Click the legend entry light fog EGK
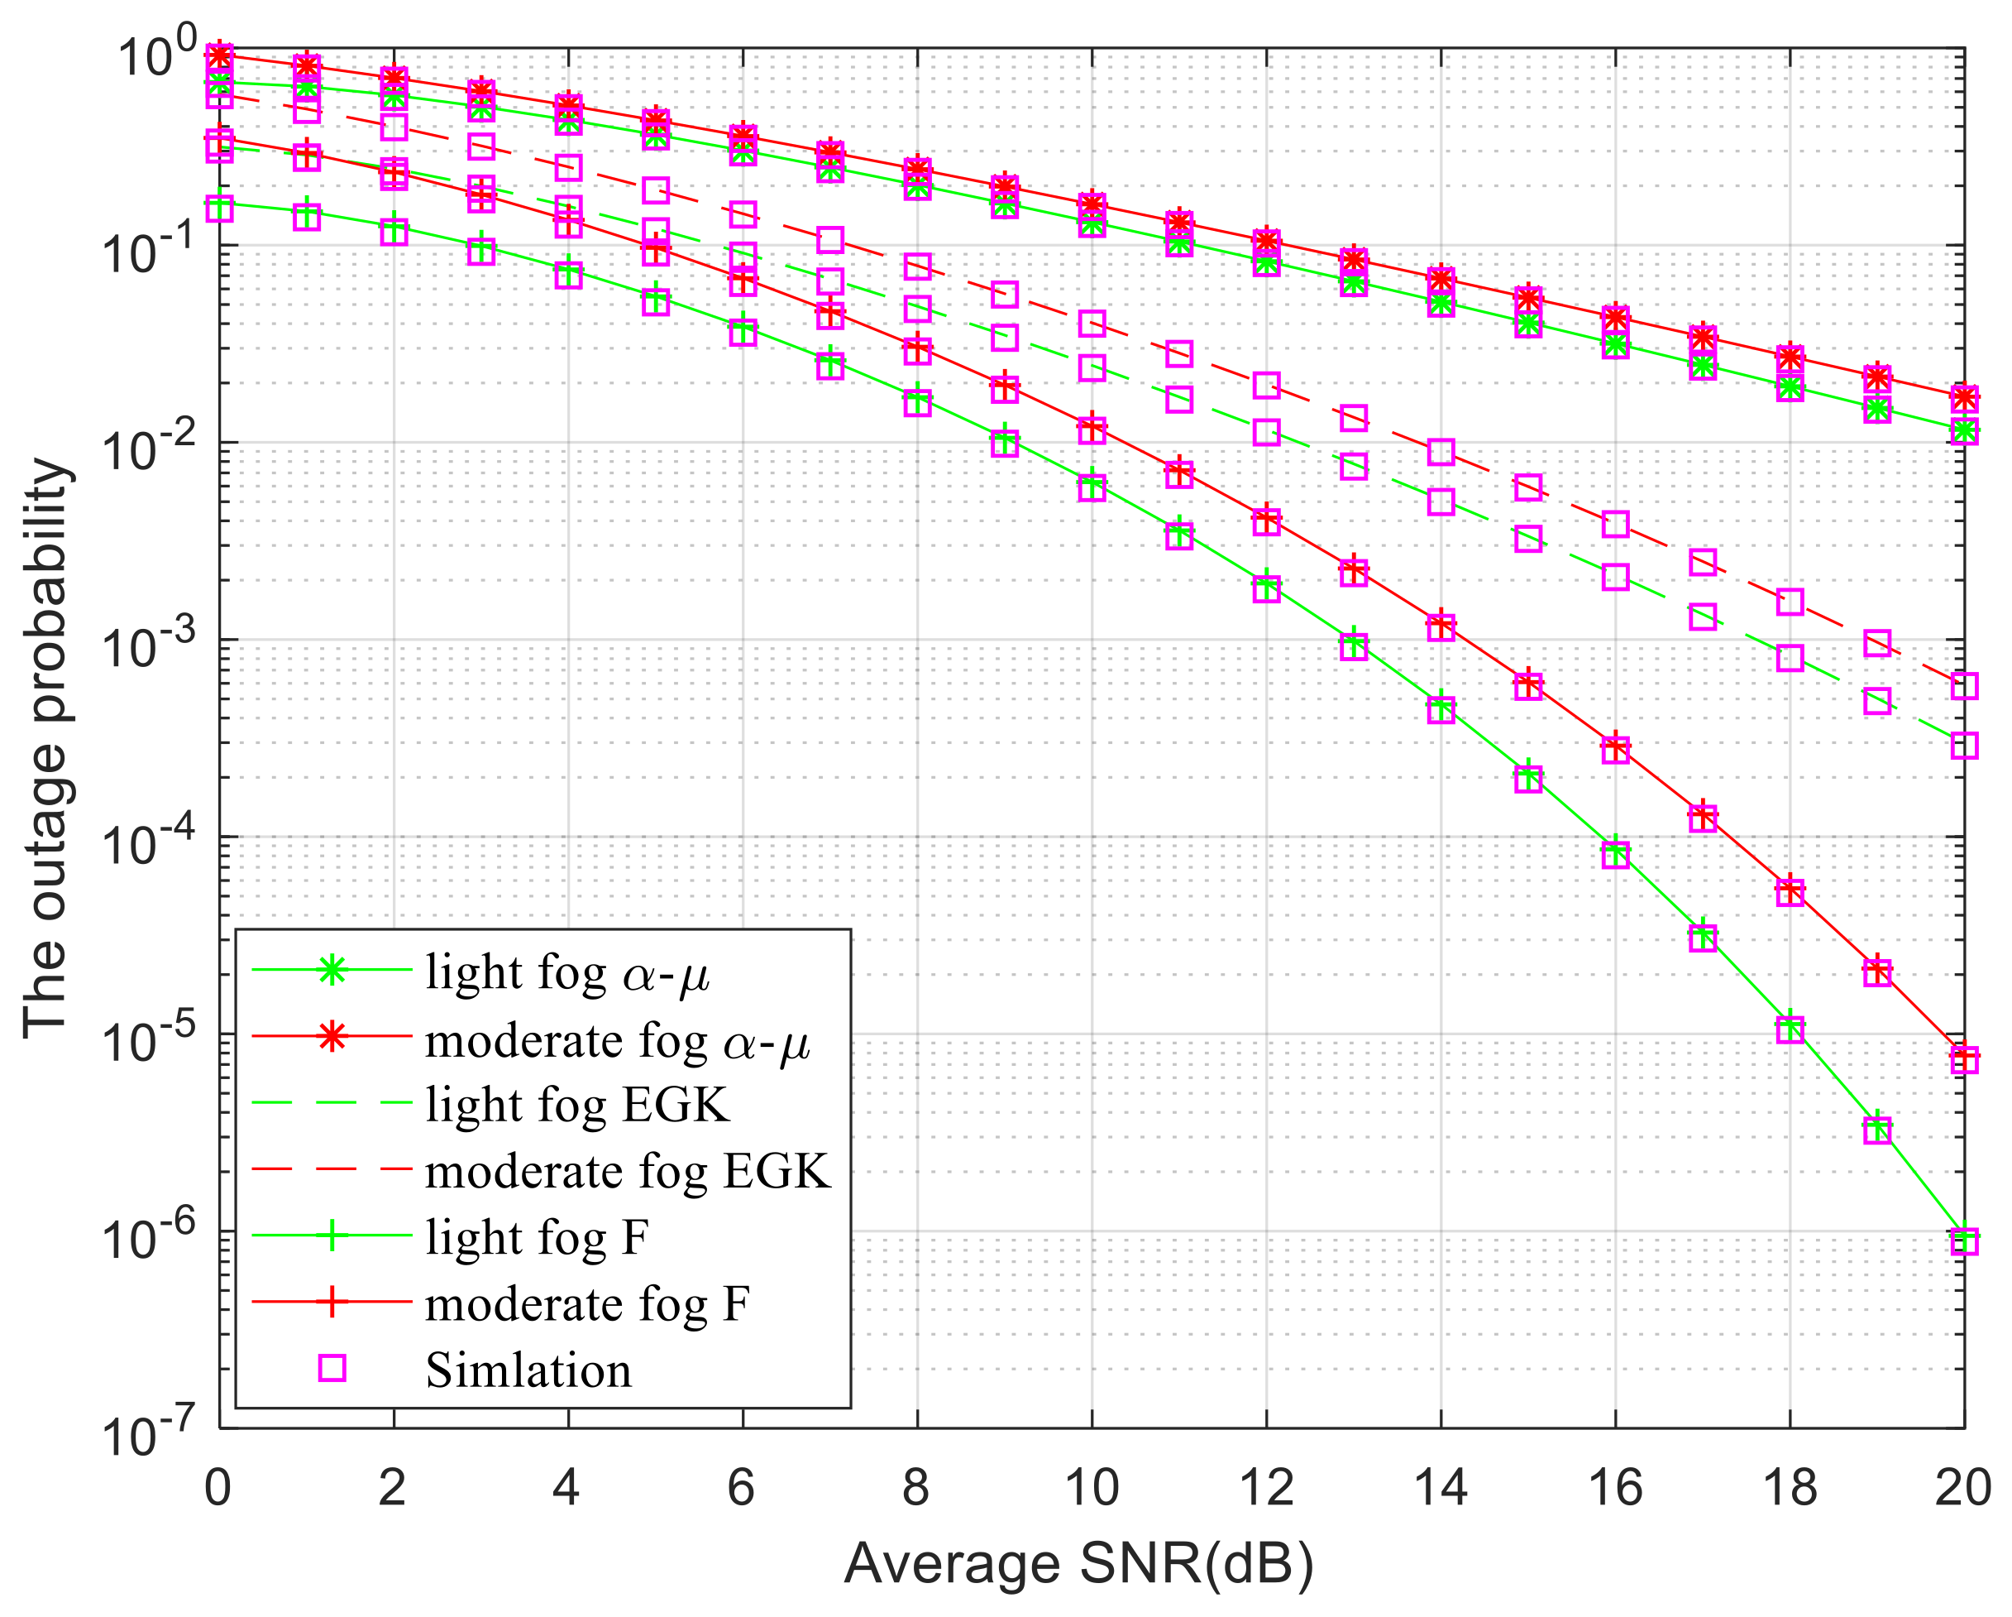pyautogui.click(x=576, y=1105)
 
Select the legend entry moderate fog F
pyautogui.click(x=587, y=1303)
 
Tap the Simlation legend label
pyautogui.click(x=528, y=1370)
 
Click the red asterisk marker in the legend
pyautogui.click(x=332, y=1036)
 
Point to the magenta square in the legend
pyautogui.click(x=332, y=1369)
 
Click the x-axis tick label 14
pyautogui.click(x=1440, y=1487)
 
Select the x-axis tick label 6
pyautogui.click(x=741, y=1487)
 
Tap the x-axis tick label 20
pyautogui.click(x=1962, y=1487)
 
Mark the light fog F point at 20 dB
pyautogui.click(x=1964, y=1240)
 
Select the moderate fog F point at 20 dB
pyautogui.click(x=1964, y=1059)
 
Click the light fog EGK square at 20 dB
pyautogui.click(x=1964, y=745)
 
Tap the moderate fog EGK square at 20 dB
pyautogui.click(x=1964, y=686)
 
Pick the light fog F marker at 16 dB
pyautogui.click(x=1615, y=854)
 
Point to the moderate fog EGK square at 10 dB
pyautogui.click(x=1092, y=324)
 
